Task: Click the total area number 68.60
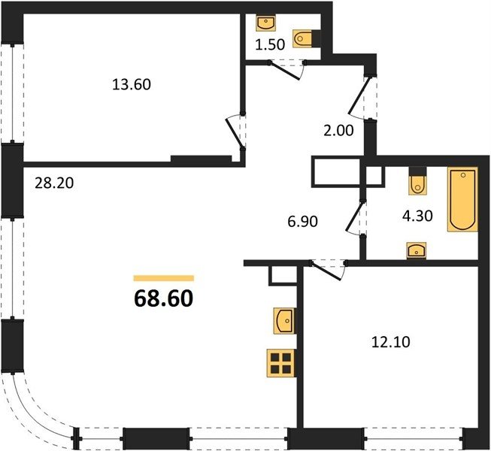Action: [163, 298]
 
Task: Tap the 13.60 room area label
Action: [132, 84]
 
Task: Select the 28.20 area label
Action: [54, 183]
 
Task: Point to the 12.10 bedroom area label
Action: [390, 342]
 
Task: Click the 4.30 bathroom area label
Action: [417, 216]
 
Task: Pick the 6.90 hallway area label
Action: [302, 221]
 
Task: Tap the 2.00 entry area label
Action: [338, 130]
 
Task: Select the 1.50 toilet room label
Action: [270, 45]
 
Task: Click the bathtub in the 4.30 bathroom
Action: [462, 199]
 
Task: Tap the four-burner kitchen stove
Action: [281, 363]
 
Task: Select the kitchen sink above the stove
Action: [284, 321]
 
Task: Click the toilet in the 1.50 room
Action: [303, 39]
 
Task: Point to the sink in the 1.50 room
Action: [266, 23]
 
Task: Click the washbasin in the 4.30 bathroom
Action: [417, 250]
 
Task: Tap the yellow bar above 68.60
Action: [163, 278]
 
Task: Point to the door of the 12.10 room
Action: [326, 270]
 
